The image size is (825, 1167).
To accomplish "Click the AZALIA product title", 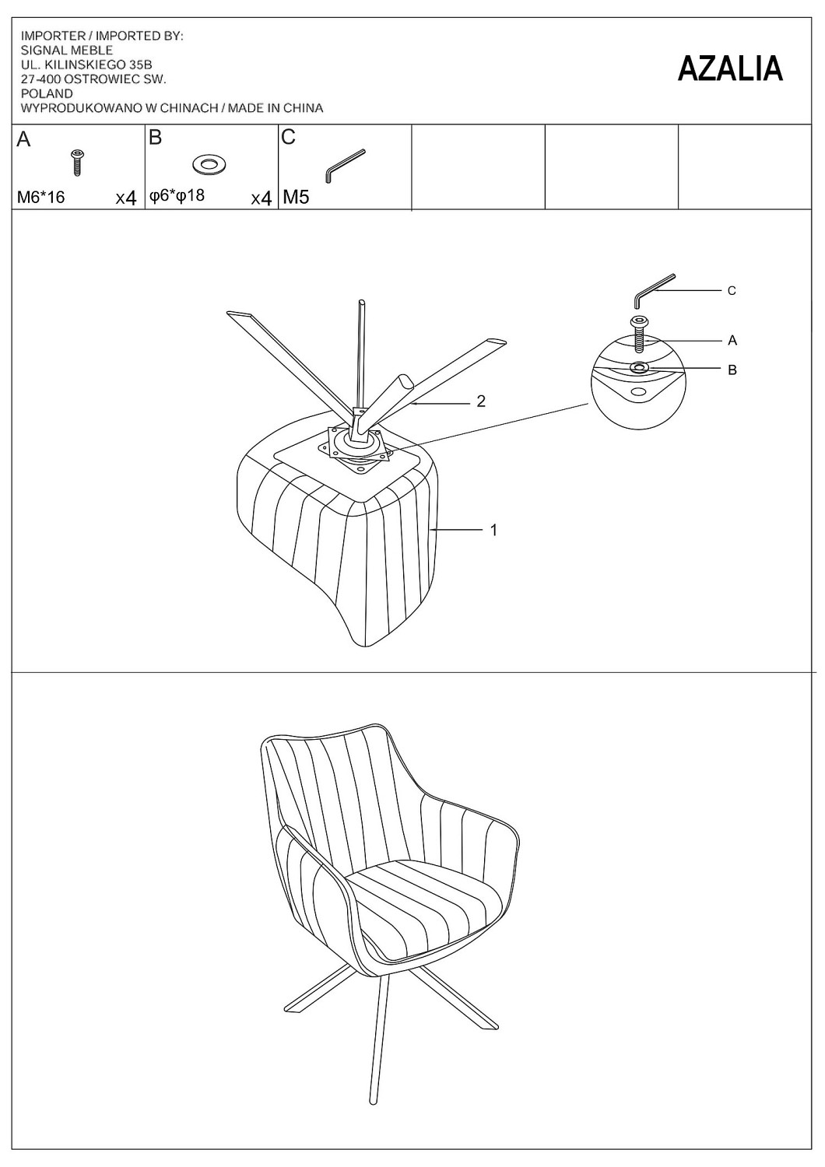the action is [729, 68].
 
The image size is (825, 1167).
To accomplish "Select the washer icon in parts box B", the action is [209, 165].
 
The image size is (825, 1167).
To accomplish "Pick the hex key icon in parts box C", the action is [345, 166].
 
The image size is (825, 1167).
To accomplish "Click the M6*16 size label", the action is [40, 198].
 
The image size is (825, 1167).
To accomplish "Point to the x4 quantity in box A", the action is [125, 198].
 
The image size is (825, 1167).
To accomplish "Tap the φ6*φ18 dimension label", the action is [177, 196].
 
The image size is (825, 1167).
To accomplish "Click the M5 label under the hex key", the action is [296, 198].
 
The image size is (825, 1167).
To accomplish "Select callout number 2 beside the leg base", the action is [481, 401].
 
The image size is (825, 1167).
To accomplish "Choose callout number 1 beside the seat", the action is [493, 531].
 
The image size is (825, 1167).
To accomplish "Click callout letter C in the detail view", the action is [732, 291].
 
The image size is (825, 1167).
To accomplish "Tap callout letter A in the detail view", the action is [732, 341].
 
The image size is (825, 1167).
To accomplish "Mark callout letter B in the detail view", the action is [732, 370].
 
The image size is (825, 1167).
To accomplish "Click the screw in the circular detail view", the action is [640, 334].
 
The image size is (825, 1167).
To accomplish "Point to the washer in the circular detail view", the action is [640, 368].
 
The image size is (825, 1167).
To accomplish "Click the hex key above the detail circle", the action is [655, 290].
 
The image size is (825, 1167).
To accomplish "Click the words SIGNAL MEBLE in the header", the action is [67, 51].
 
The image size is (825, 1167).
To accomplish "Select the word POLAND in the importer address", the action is [47, 94].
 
